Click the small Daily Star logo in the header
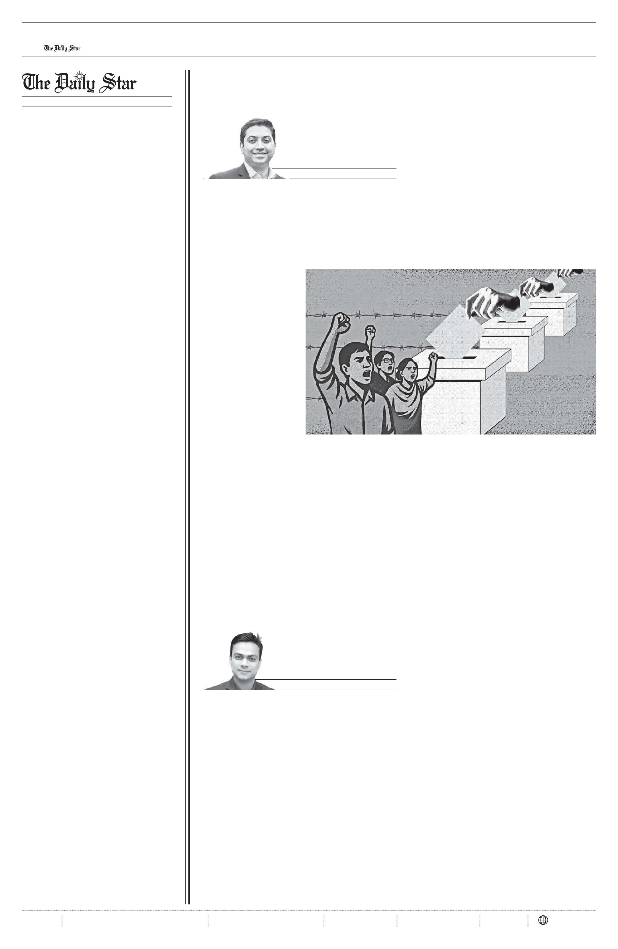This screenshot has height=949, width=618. pos(62,48)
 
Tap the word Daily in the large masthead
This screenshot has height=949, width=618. pos(75,83)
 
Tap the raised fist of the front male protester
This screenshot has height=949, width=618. pos(341,323)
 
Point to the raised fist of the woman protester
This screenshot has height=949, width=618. pos(433,356)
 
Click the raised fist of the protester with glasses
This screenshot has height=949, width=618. pos(371,331)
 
